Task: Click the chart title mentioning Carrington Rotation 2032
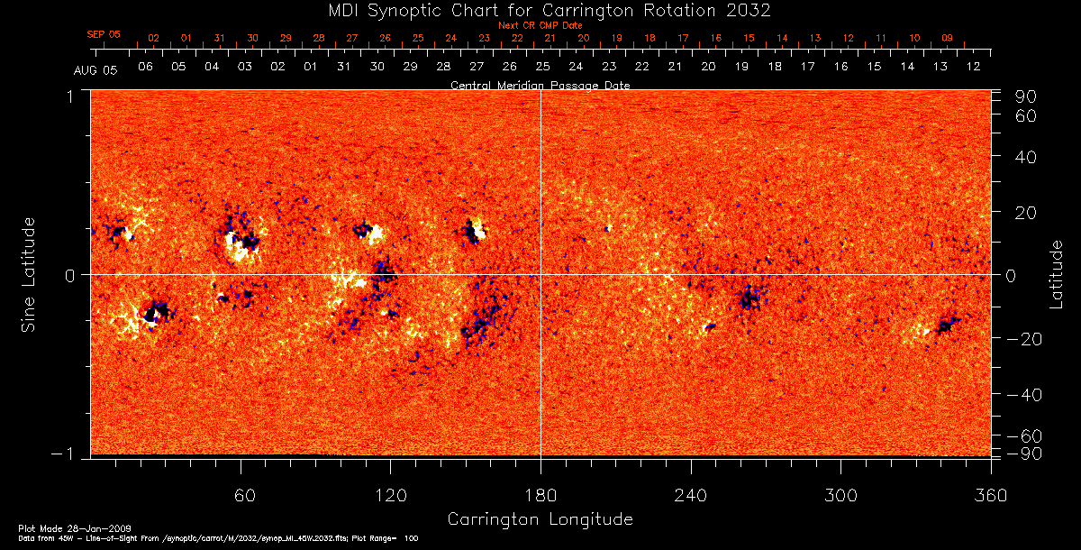(x=540, y=10)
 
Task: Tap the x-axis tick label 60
(x=241, y=495)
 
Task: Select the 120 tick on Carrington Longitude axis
(x=391, y=495)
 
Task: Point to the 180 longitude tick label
(x=540, y=495)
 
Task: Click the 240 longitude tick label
(x=690, y=495)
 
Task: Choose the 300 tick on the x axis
(x=840, y=495)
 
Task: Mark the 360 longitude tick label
(x=990, y=495)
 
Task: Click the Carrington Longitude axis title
(x=540, y=519)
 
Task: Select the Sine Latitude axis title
(x=29, y=273)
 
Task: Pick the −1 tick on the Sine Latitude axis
(x=68, y=454)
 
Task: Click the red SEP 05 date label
(x=104, y=34)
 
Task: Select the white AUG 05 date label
(x=90, y=69)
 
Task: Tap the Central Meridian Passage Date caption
(x=540, y=85)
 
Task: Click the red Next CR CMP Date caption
(x=540, y=25)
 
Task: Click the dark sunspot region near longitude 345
(x=945, y=325)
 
